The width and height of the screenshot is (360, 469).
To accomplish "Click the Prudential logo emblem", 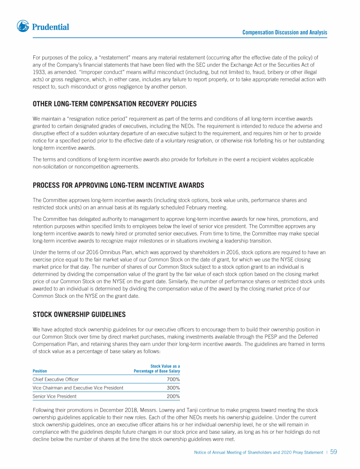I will click(23, 26).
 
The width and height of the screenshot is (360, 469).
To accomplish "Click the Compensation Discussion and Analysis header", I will click(285, 32).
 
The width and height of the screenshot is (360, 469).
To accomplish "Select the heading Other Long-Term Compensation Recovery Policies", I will click(114, 104).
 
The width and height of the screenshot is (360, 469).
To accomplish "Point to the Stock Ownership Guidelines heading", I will click(79, 314).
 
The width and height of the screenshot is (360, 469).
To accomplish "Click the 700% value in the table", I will click(173, 379).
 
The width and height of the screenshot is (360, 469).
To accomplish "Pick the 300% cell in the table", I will click(173, 388).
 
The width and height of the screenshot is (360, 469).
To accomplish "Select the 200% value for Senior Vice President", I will click(173, 396).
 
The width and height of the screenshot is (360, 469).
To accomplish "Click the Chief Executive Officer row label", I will click(56, 379).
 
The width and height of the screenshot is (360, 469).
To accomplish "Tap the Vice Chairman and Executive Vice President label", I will click(78, 388).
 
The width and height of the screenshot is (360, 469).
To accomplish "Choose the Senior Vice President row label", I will click(54, 396).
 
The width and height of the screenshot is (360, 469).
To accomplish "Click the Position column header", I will click(40, 371).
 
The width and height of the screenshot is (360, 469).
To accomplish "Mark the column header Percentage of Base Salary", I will click(157, 371).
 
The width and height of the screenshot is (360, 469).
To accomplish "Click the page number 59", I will click(334, 452).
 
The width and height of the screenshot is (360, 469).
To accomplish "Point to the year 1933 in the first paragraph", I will click(38, 72).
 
